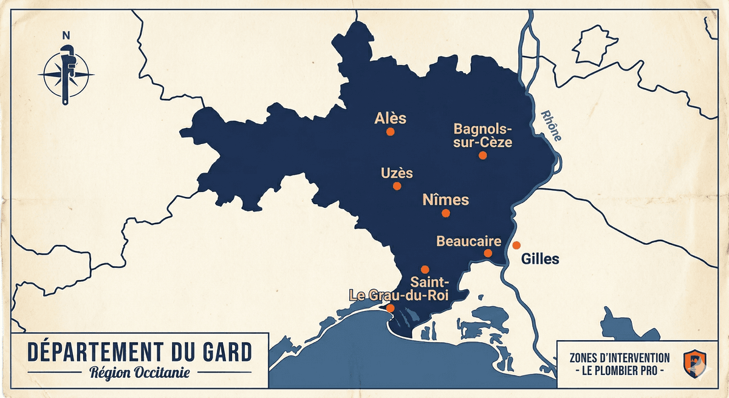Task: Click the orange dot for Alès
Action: [390, 131]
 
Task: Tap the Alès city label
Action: [391, 118]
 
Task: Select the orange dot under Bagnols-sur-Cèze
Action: [482, 155]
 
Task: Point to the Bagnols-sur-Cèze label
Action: [483, 136]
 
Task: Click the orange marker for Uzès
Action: [397, 186]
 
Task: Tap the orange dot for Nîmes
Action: [445, 213]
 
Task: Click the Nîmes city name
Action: [445, 199]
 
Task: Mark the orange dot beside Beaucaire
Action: [488, 253]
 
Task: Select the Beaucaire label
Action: [469, 241]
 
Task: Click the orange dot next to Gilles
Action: [516, 245]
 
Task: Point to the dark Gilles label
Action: [540, 259]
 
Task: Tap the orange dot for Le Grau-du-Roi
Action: [390, 308]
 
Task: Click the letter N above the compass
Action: [66, 35]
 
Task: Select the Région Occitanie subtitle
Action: [139, 372]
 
